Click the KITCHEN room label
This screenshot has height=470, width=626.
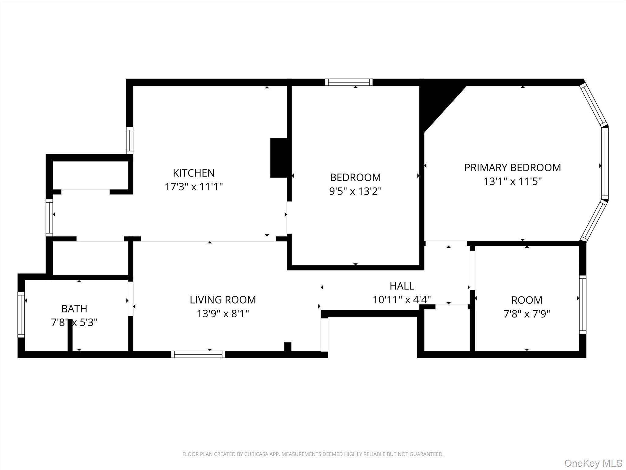193,173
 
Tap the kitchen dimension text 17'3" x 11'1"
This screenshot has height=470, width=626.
193,187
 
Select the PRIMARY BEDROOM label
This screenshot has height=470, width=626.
512,168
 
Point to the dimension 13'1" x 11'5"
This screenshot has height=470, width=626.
512,181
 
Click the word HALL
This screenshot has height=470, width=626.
402,286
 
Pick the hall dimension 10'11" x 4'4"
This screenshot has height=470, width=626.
402,300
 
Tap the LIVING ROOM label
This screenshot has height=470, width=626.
223,300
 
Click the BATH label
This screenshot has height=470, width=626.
74,309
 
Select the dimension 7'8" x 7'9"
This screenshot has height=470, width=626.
527,314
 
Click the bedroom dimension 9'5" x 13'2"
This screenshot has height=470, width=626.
355,191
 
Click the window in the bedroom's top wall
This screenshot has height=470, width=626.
349,82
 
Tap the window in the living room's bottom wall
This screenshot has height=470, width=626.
198,354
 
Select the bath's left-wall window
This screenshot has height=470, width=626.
21,315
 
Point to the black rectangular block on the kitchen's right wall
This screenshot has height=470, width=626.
278,158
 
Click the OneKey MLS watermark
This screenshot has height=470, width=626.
593,463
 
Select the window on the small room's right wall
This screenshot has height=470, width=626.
583,304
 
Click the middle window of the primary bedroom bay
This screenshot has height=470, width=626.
605,163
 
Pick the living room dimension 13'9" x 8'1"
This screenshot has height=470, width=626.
223,314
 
